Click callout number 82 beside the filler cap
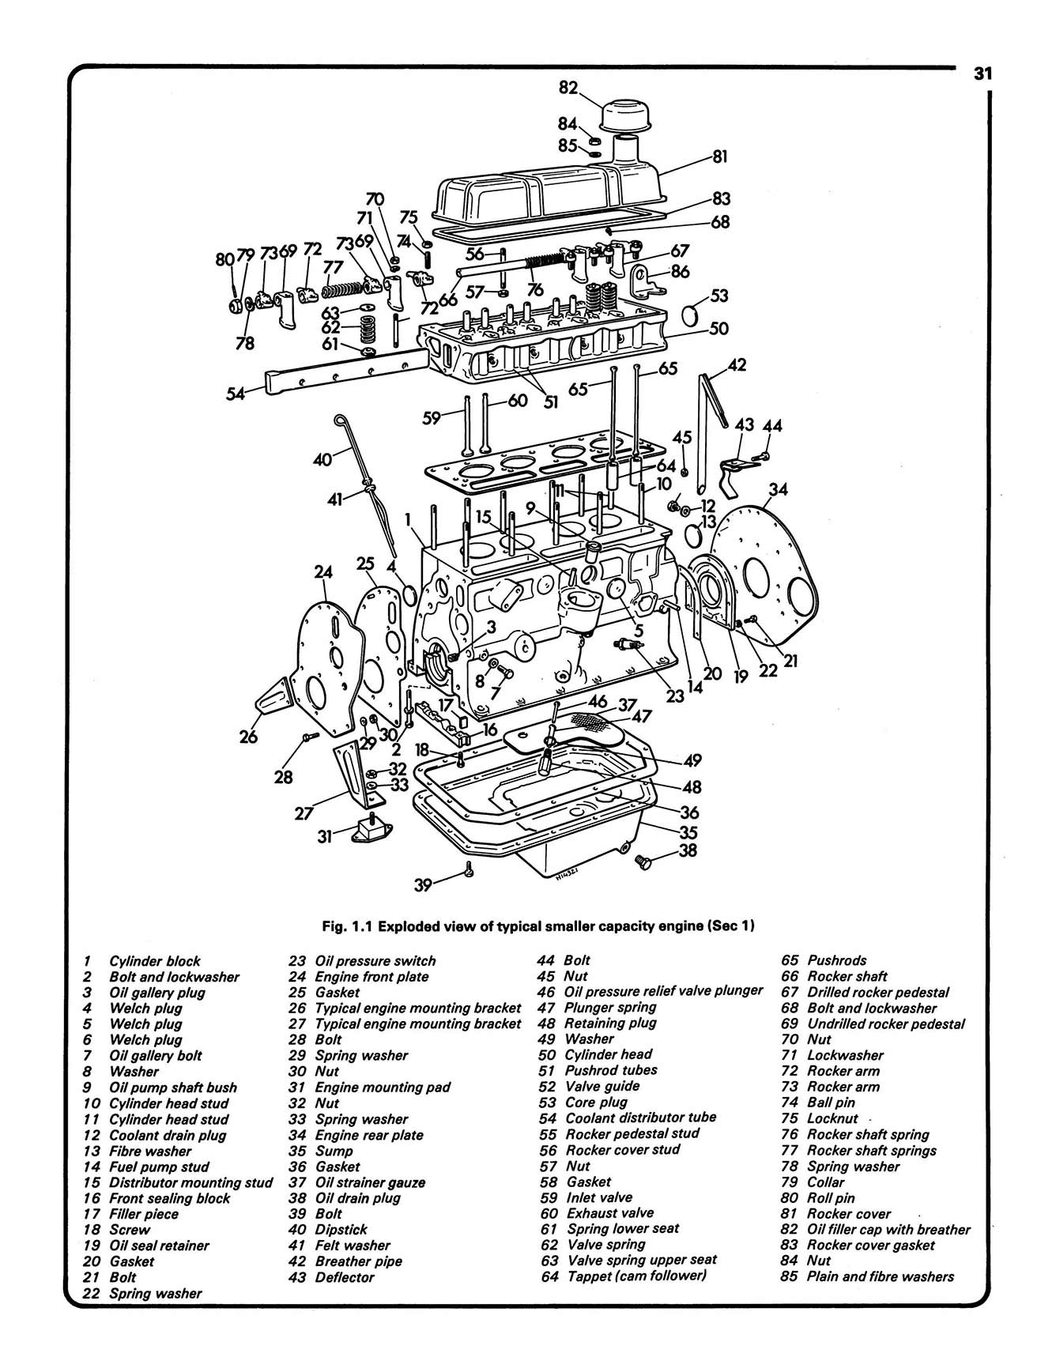568,88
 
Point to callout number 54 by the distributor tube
236,393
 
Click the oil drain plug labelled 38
644,861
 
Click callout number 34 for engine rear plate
778,490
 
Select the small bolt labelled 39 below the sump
470,870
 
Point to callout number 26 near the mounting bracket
248,737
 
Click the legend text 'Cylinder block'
155,961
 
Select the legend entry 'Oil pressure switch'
375,961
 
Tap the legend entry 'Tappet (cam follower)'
636,1276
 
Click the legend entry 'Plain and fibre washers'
880,1276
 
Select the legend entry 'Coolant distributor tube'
640,1118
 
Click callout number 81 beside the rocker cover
719,156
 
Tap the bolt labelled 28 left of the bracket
308,737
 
